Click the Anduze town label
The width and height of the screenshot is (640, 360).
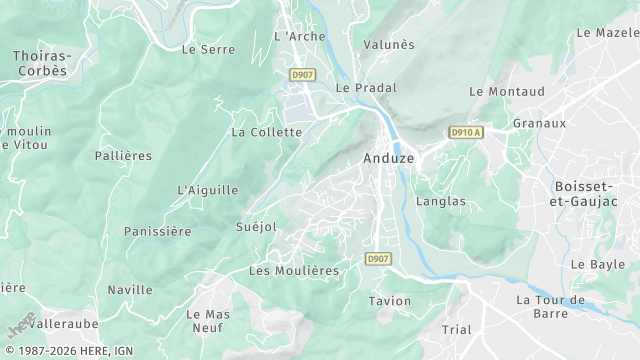[x=383, y=158]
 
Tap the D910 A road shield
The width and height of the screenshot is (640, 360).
[x=466, y=132]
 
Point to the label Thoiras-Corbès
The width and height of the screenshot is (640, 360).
[x=40, y=64]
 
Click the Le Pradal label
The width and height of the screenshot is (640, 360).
[x=360, y=88]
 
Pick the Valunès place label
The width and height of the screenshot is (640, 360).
[x=389, y=45]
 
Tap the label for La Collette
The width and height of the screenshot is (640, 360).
[x=266, y=132]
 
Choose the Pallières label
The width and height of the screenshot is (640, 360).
[x=123, y=156]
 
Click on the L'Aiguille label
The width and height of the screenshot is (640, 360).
[x=208, y=190]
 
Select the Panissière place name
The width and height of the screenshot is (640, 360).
[x=157, y=231]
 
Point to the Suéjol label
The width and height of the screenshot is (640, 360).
[x=255, y=227]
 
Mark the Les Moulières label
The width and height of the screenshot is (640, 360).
[x=294, y=271]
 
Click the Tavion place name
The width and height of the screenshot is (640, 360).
[x=390, y=301]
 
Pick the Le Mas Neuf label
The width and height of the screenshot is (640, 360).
[x=208, y=321]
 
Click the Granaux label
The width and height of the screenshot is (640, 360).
[x=539, y=123]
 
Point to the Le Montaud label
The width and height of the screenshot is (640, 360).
[x=507, y=91]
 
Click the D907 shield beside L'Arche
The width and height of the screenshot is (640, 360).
[x=301, y=75]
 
